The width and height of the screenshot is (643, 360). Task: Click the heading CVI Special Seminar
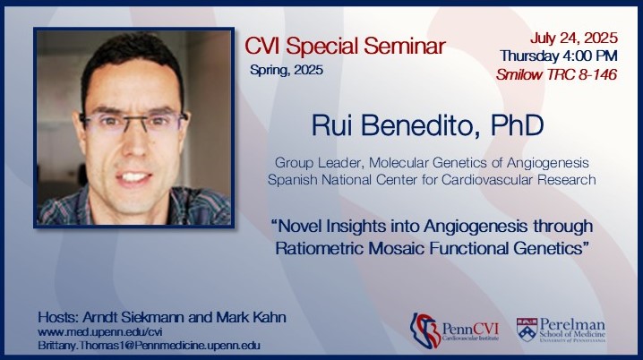[x=345, y=46]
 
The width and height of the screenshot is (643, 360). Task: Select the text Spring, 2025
[x=287, y=70]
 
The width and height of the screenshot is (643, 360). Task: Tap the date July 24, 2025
[x=574, y=39]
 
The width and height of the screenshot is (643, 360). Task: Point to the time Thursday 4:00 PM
[x=559, y=56]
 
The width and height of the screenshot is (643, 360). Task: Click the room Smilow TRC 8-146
[x=556, y=74]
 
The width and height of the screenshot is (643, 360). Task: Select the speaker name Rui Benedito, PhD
[x=427, y=125]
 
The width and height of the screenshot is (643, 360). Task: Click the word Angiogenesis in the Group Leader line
[x=548, y=163]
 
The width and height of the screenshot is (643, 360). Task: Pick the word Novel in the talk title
[x=299, y=226]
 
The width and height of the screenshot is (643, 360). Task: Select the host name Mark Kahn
[x=251, y=317]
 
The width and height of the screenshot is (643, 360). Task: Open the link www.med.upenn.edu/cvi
[x=100, y=331]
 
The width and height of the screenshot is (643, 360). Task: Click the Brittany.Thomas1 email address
[x=149, y=346]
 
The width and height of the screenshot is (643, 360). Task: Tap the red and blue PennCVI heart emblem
[x=424, y=330]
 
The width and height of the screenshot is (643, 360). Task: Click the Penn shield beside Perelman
[x=527, y=330]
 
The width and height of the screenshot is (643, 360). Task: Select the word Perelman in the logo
[x=572, y=324]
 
